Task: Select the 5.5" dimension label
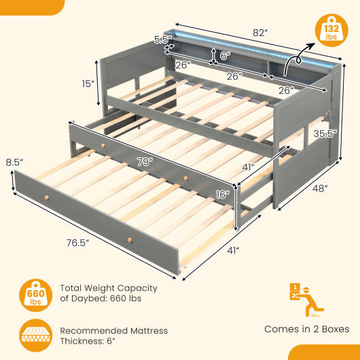[160, 40]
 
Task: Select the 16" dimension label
[221, 195]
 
